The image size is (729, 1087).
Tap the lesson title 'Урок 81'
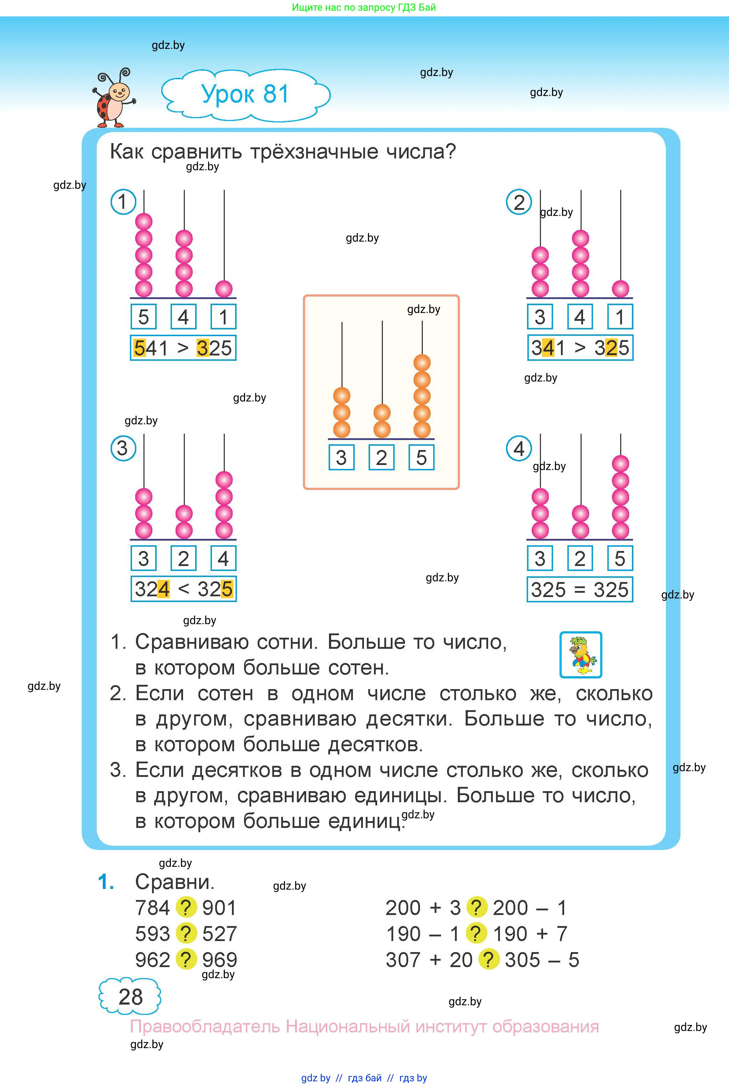coord(245,94)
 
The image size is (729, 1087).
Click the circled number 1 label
coord(123,202)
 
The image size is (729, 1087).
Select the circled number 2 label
coord(519,202)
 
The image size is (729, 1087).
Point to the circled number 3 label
coord(123,448)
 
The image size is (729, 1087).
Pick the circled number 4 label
coord(519,449)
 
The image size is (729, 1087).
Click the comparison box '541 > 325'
coord(183,348)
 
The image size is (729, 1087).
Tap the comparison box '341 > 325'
coord(580,348)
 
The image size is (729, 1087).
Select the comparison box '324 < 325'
coord(183,589)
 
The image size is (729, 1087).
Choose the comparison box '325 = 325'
coord(580,590)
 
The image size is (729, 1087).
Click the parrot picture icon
coord(581,654)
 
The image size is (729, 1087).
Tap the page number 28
coord(130,997)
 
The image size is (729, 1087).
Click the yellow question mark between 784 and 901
coord(186,907)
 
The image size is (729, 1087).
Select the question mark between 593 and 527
coord(186,934)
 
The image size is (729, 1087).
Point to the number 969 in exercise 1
coord(219,960)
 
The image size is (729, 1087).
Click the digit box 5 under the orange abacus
coord(421,457)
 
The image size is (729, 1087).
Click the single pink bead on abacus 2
coord(620,289)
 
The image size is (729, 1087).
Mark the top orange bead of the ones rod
coord(422,363)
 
